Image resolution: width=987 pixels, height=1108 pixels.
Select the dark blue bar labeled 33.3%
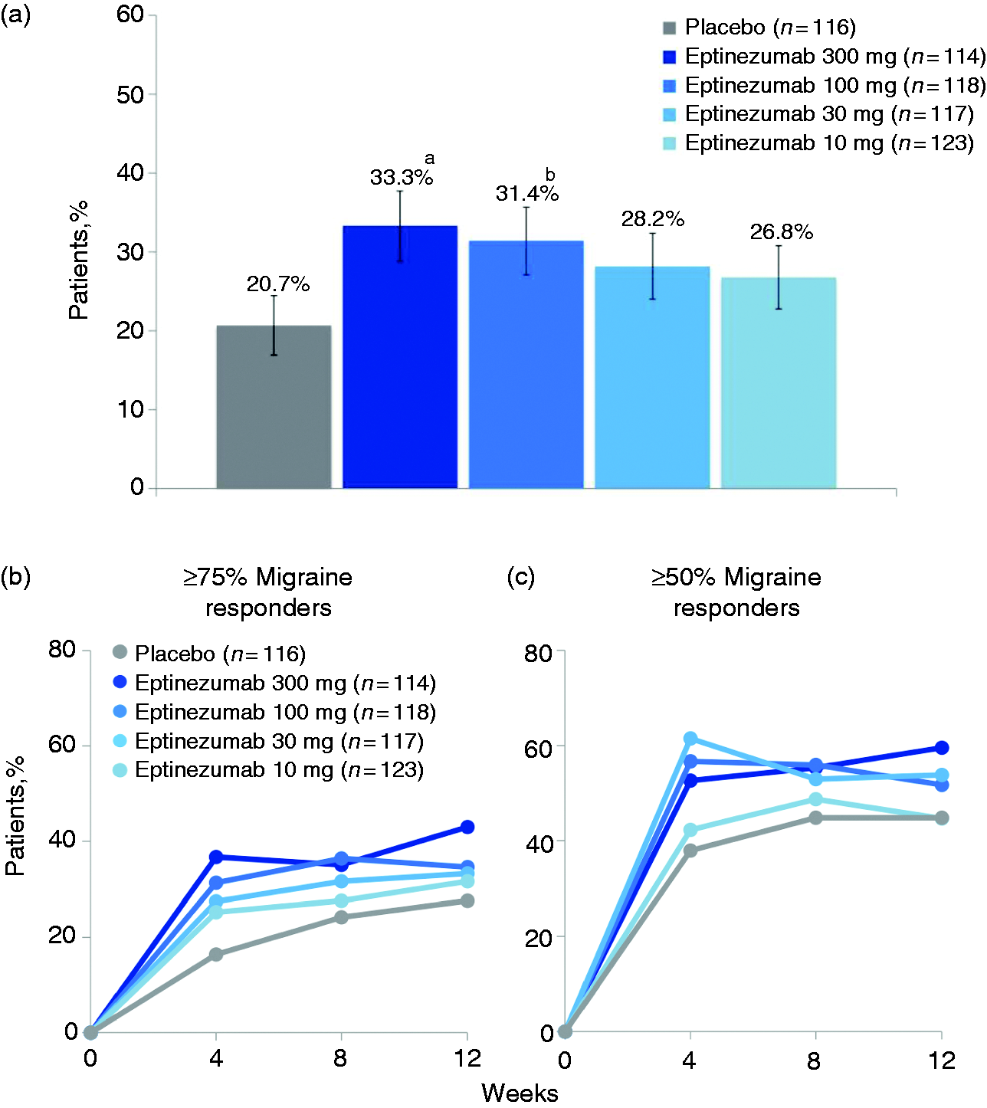point(400,356)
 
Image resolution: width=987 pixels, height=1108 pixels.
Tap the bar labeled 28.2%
point(652,377)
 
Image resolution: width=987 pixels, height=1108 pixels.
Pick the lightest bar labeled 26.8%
point(778,382)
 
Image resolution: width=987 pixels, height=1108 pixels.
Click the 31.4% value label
point(527,194)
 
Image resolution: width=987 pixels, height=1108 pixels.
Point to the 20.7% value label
point(278,284)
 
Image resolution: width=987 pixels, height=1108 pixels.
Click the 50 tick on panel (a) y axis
point(130,94)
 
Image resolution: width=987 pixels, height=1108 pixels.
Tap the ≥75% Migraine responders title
point(268,592)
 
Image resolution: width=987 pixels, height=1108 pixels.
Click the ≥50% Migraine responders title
point(736,592)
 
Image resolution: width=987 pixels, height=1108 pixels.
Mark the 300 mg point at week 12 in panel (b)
point(467,827)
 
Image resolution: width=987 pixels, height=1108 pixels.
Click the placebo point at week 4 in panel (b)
point(215,954)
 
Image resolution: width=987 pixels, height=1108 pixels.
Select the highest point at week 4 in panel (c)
point(690,739)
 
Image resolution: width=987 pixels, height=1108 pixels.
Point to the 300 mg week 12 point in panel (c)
point(941,748)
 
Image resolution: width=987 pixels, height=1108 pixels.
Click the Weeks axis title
point(520,1093)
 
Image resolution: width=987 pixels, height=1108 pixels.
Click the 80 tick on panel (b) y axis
point(61,650)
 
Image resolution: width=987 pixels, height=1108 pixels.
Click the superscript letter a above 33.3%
point(429,159)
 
